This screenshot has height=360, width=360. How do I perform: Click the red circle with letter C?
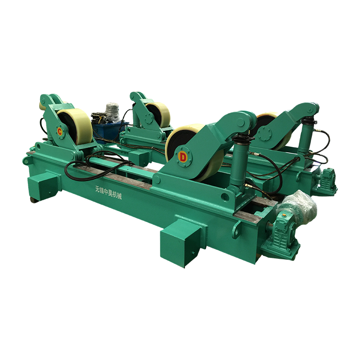[x=60, y=132]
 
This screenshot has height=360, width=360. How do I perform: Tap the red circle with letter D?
[x=183, y=157]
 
